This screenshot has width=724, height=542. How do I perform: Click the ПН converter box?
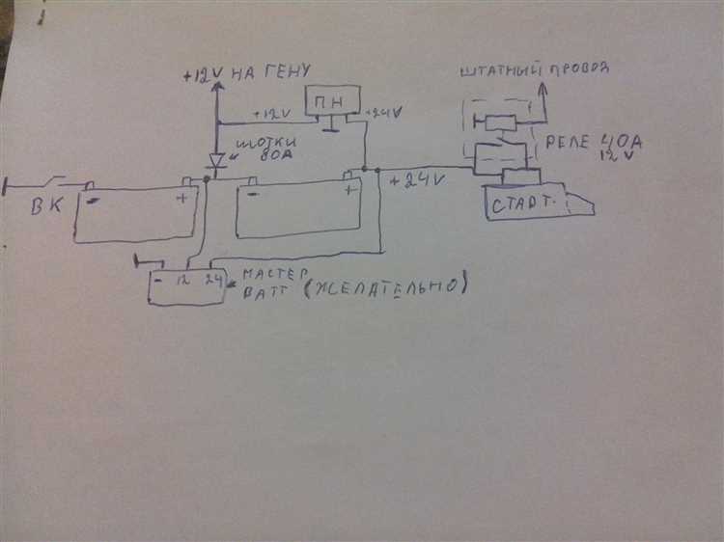click(332, 101)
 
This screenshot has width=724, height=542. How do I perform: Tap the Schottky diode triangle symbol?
click(216, 159)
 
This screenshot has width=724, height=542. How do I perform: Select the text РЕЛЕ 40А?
click(593, 143)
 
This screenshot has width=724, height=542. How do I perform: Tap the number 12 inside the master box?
click(183, 281)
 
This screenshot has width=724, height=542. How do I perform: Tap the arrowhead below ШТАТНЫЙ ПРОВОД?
click(542, 88)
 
